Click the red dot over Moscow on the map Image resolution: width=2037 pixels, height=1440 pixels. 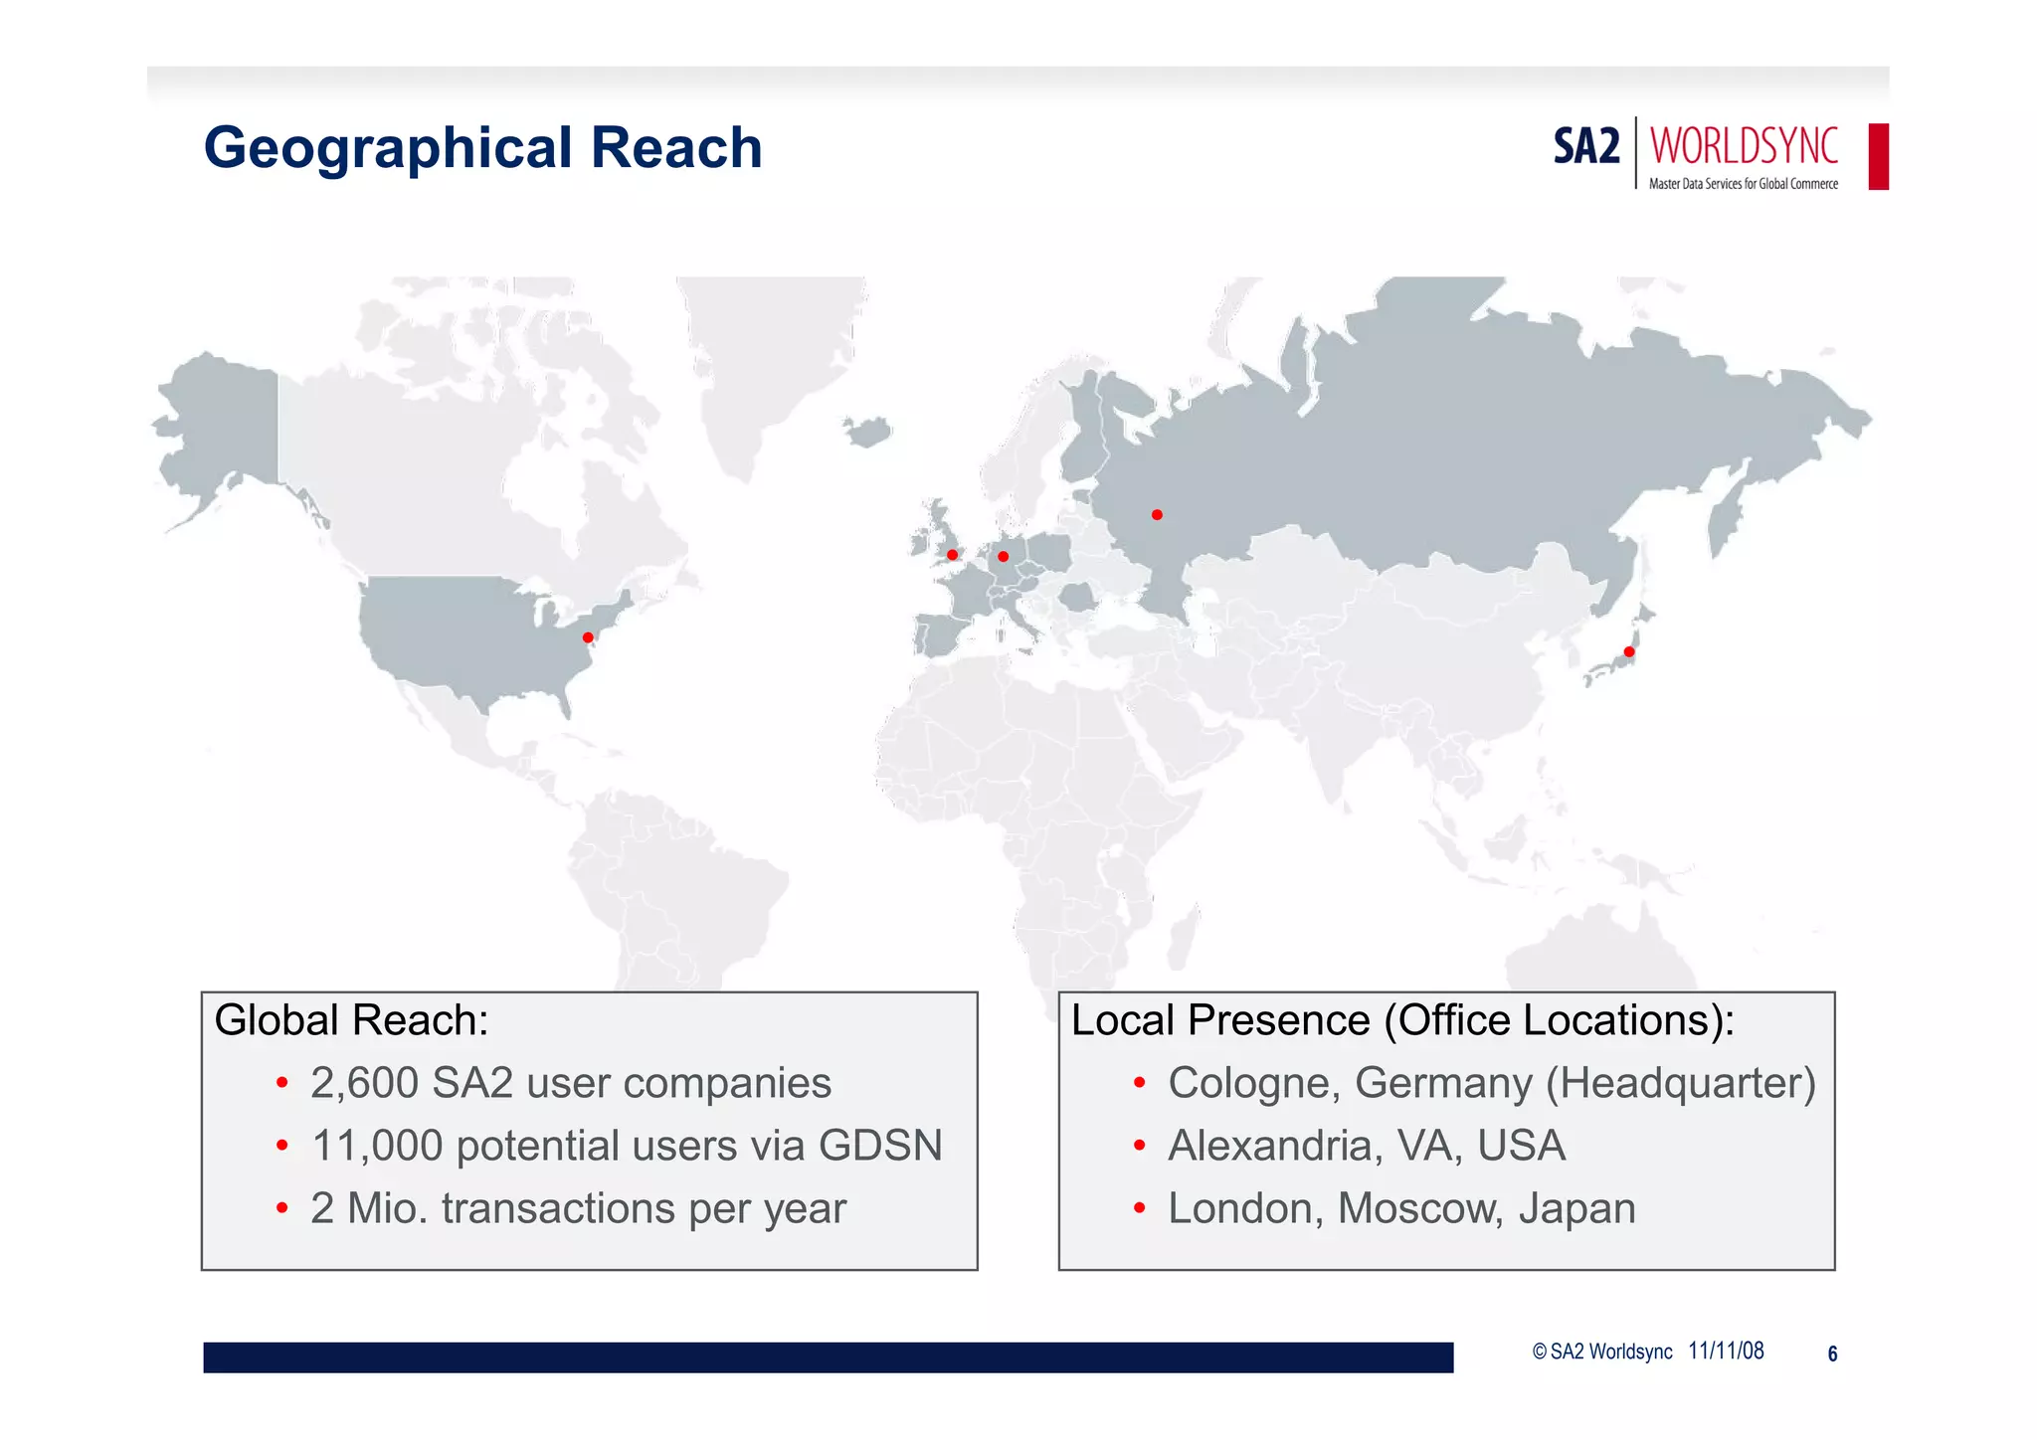[x=1157, y=515]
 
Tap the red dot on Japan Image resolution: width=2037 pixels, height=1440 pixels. [x=1629, y=652]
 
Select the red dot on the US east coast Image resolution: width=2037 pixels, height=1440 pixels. [x=588, y=637]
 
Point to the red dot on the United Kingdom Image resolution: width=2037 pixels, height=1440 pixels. [x=952, y=555]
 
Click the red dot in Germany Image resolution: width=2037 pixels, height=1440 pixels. [x=1003, y=557]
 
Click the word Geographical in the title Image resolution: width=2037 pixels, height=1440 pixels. [x=389, y=148]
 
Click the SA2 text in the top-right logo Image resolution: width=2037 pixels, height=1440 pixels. [x=1585, y=147]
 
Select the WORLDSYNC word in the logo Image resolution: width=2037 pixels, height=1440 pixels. [x=1744, y=145]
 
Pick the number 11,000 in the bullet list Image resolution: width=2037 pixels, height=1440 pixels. [x=377, y=1146]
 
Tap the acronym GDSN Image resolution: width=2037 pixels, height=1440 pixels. [x=880, y=1146]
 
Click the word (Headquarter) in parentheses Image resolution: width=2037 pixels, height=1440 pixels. [x=1680, y=1083]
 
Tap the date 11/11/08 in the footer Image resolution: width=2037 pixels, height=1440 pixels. [x=1726, y=1350]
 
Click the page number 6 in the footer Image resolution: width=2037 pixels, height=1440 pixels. [x=1832, y=1353]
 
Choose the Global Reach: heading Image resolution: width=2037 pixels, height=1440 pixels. [x=351, y=1020]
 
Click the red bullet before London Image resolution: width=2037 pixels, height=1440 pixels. [x=1139, y=1209]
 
